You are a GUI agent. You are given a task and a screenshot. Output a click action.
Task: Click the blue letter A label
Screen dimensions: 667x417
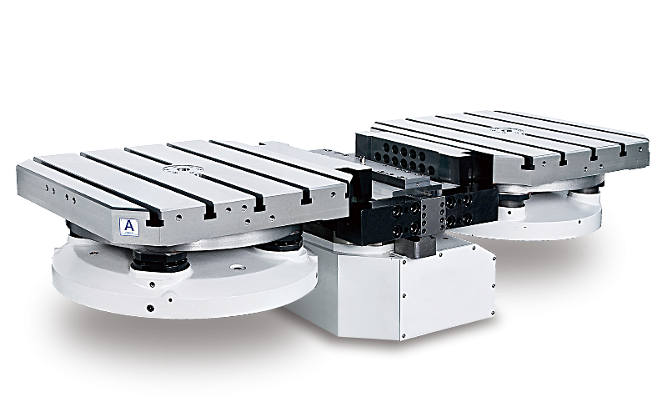click(x=128, y=226)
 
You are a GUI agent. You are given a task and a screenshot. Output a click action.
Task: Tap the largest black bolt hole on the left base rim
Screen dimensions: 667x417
click(x=150, y=308)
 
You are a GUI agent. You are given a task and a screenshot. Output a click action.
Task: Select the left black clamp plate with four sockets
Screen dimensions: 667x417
click(x=391, y=219)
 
